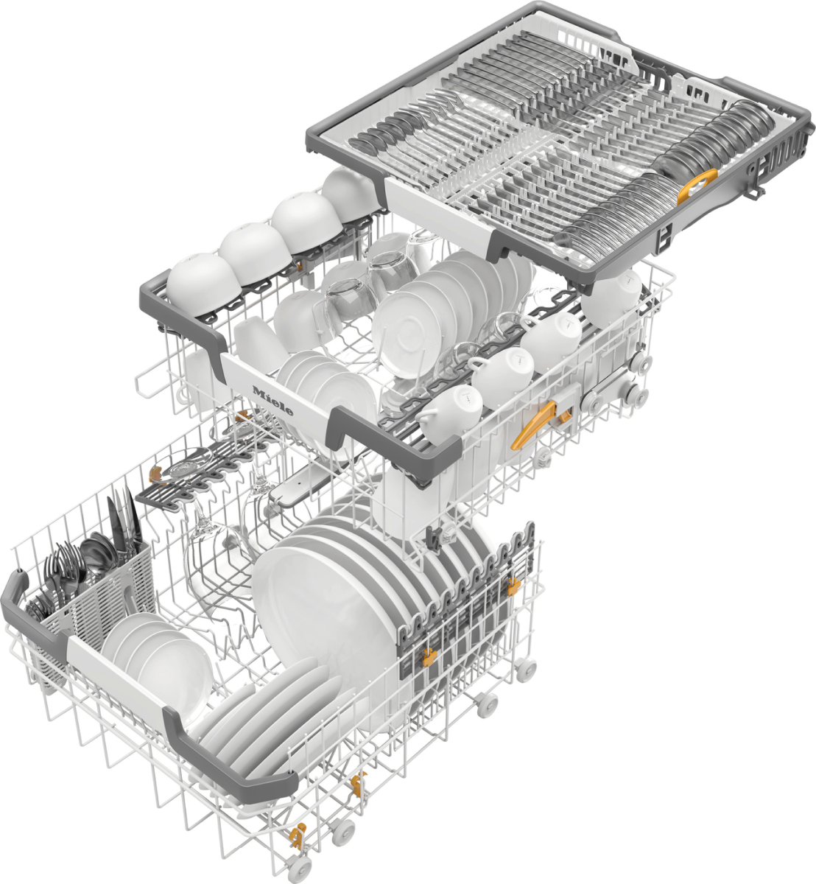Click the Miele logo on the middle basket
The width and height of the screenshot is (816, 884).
[272, 401]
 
